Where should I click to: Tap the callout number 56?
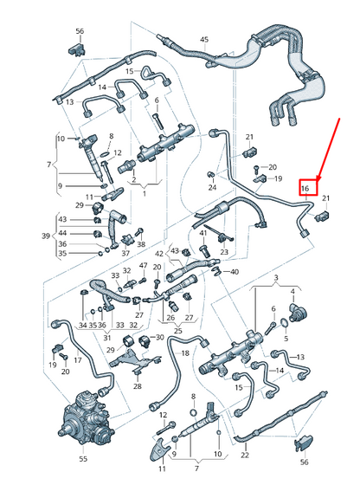[x=79, y=31]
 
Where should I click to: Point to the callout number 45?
[x=204, y=40]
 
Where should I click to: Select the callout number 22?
[x=244, y=455]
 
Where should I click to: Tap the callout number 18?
[x=183, y=354]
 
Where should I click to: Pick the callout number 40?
[x=235, y=272]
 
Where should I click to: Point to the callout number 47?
[x=144, y=266]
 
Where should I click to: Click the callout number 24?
[x=212, y=187]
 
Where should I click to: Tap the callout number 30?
[x=158, y=337]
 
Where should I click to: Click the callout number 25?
[x=177, y=330]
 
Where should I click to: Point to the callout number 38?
[x=140, y=244]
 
